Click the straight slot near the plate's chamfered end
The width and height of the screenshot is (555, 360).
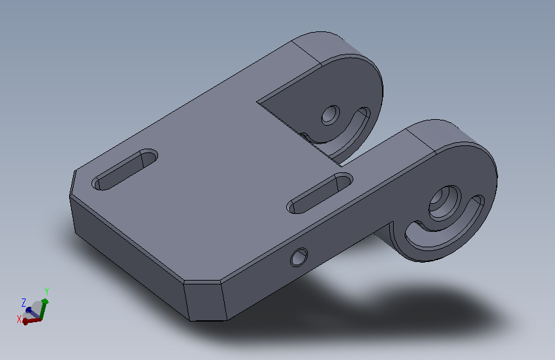coord(125,169)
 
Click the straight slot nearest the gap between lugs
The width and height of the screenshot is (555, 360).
coord(319,193)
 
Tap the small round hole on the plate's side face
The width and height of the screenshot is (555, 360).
coord(299,257)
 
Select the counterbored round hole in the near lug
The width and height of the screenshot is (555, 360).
coord(445,203)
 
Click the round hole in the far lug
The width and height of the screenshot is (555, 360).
coord(330,115)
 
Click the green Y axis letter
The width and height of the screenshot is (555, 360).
coord(47,291)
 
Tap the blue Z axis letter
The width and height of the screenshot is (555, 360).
coord(24,303)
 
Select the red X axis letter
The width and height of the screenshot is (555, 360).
coord(19,319)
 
